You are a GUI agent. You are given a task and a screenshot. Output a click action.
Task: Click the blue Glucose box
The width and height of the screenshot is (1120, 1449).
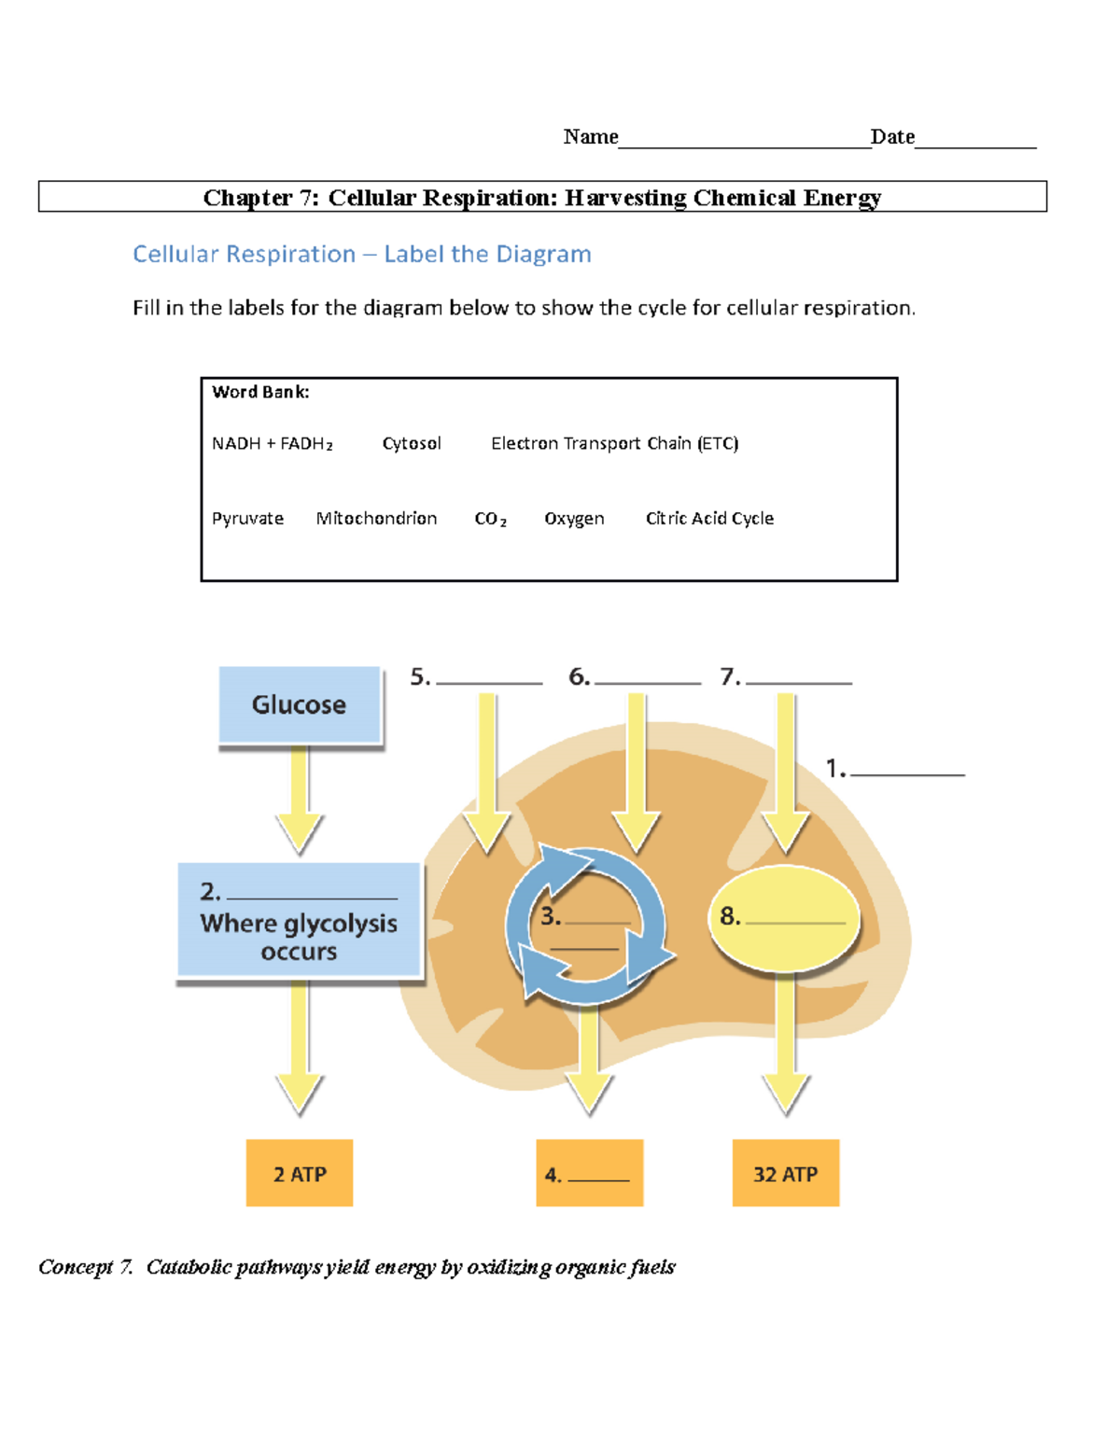[x=300, y=704]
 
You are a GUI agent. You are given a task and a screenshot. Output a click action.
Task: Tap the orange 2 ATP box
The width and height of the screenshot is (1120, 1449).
[x=300, y=1173]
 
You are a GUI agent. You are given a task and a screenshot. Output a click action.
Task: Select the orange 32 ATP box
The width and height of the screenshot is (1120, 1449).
[x=785, y=1173]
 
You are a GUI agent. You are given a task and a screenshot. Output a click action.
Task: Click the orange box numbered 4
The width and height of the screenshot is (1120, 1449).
[x=589, y=1173]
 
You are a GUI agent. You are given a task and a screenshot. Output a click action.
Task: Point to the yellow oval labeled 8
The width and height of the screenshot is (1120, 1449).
[x=785, y=919]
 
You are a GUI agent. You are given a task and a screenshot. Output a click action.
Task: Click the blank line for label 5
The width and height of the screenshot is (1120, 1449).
[x=489, y=681]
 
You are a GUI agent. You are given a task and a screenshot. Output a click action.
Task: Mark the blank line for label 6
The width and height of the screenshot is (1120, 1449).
[x=647, y=681]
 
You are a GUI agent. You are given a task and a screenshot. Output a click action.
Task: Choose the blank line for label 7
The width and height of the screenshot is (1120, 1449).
[x=799, y=681]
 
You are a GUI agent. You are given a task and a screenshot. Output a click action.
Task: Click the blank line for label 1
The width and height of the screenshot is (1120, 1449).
[x=907, y=773]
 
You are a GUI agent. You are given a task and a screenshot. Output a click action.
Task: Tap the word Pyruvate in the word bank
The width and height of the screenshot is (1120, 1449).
[x=247, y=519]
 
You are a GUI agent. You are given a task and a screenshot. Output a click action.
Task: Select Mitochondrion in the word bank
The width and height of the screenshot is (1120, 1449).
[x=376, y=519]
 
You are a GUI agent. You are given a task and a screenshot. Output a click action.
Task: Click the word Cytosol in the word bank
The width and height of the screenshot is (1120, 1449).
[x=412, y=443]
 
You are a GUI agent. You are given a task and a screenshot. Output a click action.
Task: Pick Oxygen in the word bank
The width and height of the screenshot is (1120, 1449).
[x=574, y=519]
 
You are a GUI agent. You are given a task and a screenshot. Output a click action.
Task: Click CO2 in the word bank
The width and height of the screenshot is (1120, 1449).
[x=490, y=519]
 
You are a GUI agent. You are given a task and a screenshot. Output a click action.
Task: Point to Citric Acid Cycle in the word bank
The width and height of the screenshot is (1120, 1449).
[x=709, y=519]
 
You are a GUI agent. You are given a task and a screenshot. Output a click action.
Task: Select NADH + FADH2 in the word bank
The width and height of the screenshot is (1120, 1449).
[x=272, y=444]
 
